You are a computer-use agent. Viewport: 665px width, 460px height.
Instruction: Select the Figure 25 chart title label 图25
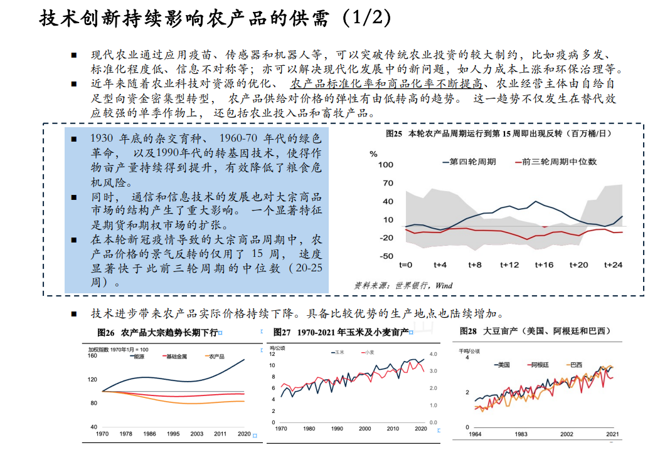click(x=393, y=133)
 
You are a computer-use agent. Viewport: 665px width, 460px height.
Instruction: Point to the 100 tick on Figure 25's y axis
click(x=386, y=165)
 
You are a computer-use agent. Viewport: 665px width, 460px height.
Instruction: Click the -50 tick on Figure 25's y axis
click(x=386, y=256)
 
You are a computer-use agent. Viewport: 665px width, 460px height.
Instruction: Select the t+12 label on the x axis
click(x=509, y=265)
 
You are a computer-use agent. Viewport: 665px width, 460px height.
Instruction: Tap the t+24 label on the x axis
click(x=613, y=265)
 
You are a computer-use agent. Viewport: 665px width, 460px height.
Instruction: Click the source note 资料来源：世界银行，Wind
click(x=403, y=285)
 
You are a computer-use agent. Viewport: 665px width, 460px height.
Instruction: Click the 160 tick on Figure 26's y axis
click(x=92, y=356)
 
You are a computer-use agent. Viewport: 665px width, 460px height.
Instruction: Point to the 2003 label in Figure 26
click(x=197, y=434)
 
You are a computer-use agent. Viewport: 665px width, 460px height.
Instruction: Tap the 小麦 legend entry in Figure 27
click(x=369, y=353)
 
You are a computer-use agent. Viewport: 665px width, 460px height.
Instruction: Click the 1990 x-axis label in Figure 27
click(x=337, y=429)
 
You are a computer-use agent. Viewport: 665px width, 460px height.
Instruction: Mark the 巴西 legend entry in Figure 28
click(x=574, y=364)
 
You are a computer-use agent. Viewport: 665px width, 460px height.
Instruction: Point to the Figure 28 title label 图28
click(x=469, y=330)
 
